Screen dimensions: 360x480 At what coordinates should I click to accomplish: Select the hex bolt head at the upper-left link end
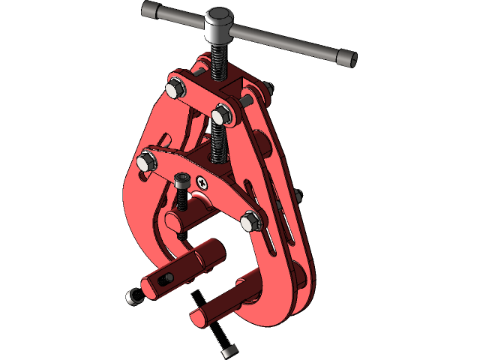[175, 87]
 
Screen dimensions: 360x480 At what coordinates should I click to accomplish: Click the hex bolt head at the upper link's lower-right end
[223, 115]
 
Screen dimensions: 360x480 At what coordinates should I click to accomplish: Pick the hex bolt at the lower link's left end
[147, 160]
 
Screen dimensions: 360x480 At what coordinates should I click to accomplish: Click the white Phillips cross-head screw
[202, 181]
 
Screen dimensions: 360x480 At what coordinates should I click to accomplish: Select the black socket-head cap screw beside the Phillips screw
[182, 181]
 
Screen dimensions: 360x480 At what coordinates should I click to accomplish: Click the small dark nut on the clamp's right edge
[298, 197]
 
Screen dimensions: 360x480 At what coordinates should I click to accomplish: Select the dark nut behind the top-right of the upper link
[268, 89]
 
